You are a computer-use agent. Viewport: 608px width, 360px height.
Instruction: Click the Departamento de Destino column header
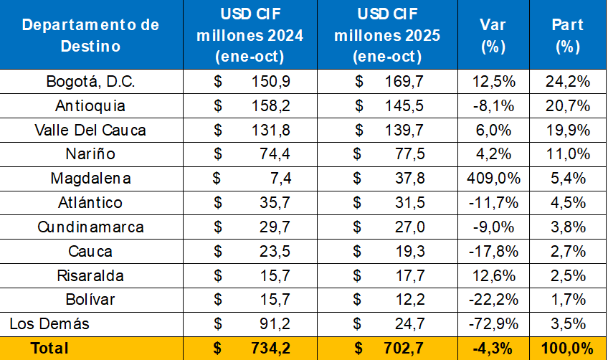91,35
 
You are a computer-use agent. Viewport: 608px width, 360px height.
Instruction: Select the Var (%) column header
493,35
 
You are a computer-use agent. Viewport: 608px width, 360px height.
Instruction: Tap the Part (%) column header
567,35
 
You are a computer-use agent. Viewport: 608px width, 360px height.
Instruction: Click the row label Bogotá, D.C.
91,82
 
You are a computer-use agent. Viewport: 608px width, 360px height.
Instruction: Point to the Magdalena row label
91,179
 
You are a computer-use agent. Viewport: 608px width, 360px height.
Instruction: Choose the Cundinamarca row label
91,227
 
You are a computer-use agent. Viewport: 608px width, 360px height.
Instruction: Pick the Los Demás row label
49,323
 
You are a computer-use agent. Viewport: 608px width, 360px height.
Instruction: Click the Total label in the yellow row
49,349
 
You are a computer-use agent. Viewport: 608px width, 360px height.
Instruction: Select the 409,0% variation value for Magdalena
493,179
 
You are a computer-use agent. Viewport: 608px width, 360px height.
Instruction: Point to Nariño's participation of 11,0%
567,154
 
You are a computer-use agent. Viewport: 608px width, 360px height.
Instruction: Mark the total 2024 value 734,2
271,349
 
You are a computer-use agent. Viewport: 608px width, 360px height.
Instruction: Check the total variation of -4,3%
493,349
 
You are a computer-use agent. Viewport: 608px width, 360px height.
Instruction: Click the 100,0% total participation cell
567,349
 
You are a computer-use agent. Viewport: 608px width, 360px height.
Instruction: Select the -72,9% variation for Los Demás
493,323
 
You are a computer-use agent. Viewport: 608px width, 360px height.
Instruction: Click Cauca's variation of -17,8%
493,251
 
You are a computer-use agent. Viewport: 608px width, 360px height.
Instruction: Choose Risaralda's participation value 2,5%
567,275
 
